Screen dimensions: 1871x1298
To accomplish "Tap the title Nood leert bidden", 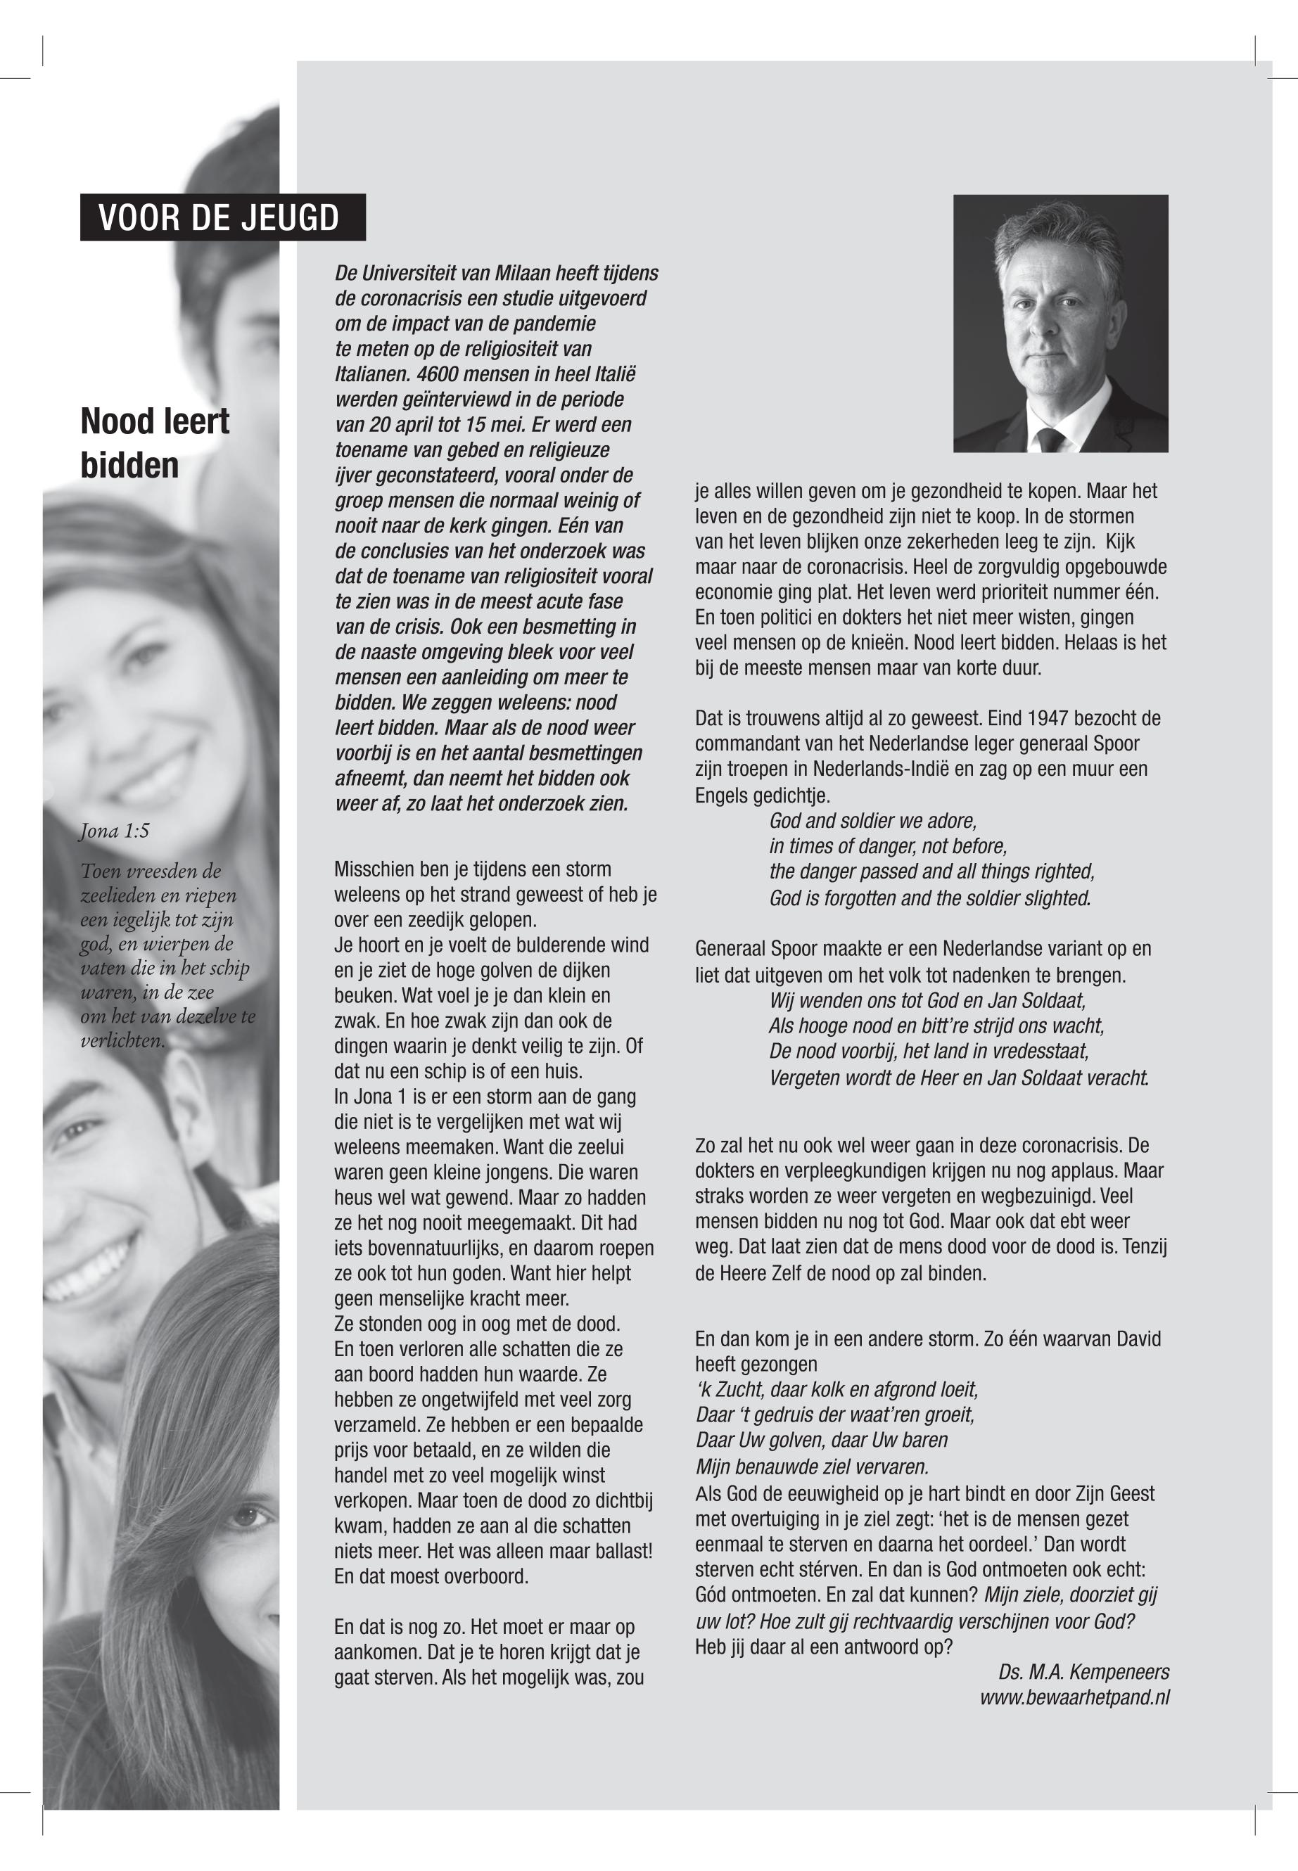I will coord(155,443).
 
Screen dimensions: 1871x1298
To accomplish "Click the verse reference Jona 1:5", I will coord(115,831).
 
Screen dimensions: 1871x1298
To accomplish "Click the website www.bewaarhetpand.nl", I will coord(1074,1697).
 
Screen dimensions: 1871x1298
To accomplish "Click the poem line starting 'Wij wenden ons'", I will coord(927,1000).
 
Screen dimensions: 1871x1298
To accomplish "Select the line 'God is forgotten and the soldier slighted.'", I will coord(929,898).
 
